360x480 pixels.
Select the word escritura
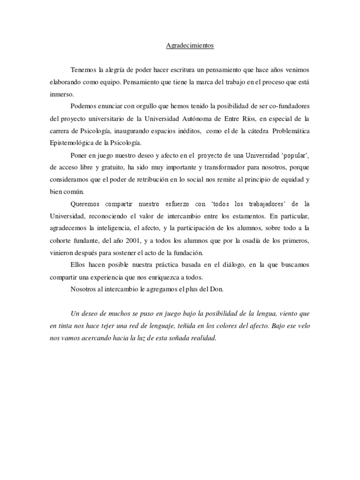[x=180, y=69]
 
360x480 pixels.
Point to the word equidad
[x=289, y=179]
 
